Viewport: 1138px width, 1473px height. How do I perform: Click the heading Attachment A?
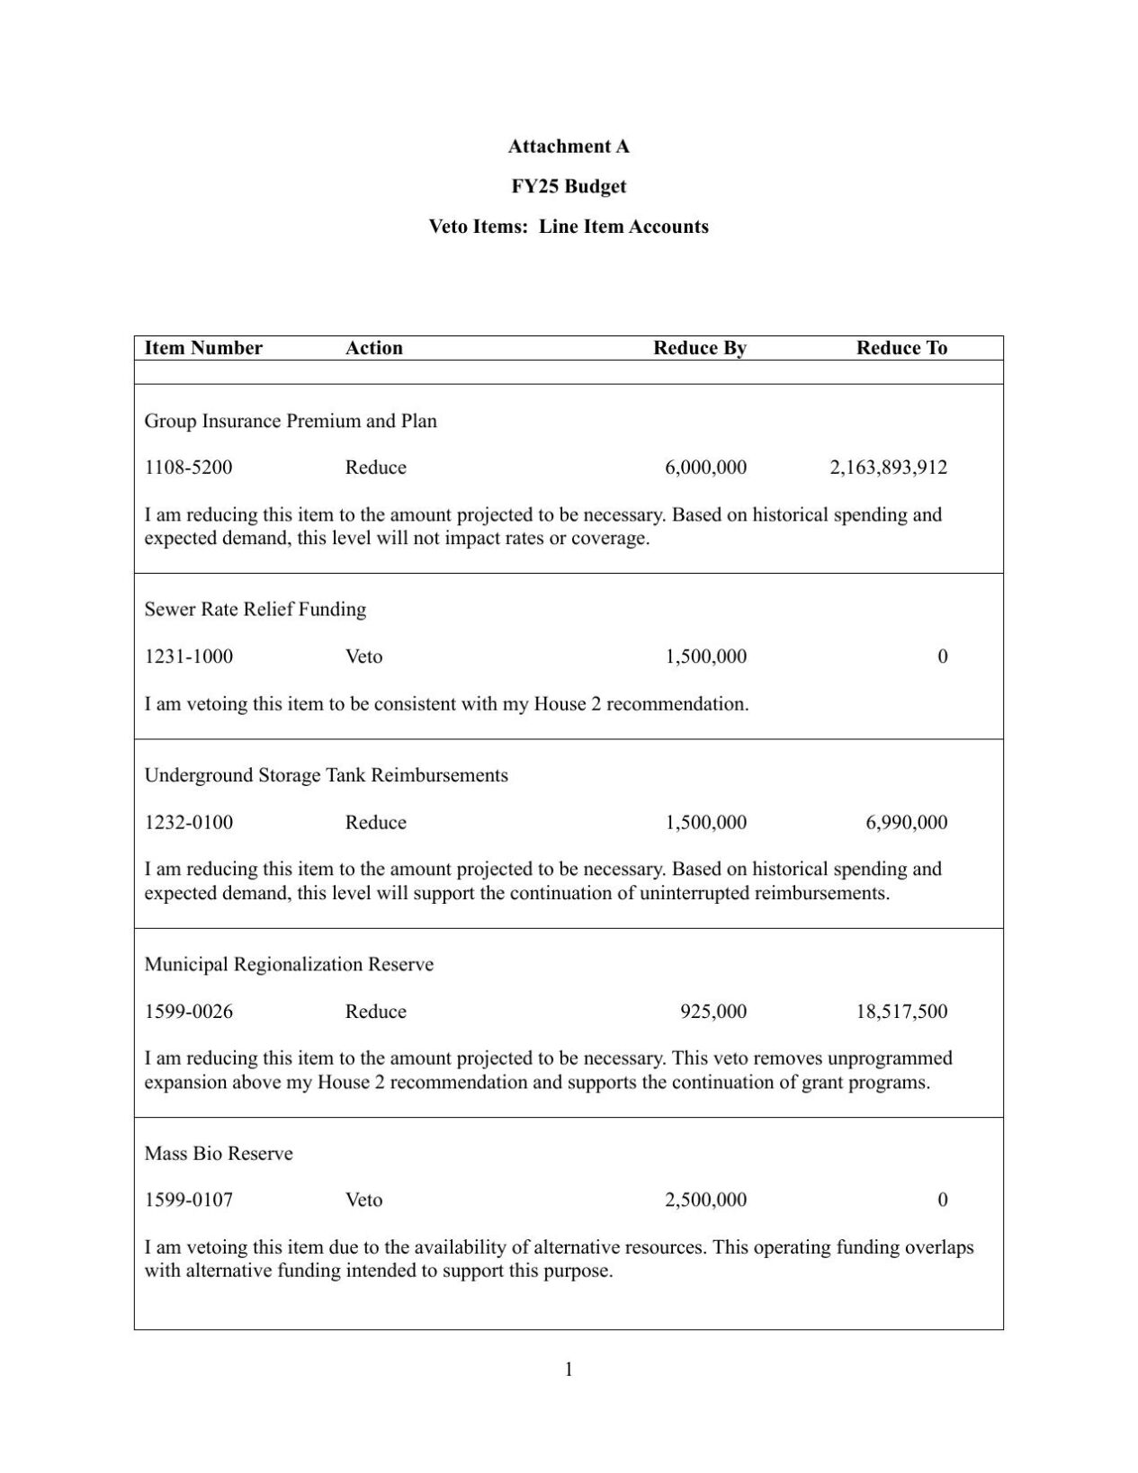[569, 146]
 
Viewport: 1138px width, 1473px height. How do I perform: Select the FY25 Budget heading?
[569, 186]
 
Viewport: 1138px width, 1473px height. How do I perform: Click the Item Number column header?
[203, 348]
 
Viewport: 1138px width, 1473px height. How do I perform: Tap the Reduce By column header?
[699, 348]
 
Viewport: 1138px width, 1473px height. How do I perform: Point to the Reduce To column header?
[901, 348]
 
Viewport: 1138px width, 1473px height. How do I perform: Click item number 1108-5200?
[188, 468]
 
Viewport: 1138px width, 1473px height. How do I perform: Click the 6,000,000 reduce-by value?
[705, 468]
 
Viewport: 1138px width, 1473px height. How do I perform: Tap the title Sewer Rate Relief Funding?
[255, 610]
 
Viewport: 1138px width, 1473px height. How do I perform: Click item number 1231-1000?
[188, 656]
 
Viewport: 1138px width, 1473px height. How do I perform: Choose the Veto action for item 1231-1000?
[363, 656]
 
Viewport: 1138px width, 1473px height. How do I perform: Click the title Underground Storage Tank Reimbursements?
[326, 775]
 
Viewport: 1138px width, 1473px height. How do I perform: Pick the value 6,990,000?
[906, 822]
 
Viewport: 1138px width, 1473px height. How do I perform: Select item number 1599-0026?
[188, 1012]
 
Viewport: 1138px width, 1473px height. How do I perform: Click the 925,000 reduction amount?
[712, 1012]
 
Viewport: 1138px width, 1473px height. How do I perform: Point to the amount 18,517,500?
[901, 1012]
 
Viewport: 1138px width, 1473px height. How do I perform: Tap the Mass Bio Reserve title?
[219, 1154]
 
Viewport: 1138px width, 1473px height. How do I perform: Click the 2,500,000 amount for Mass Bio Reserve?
[705, 1200]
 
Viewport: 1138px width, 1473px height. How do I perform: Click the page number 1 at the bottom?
[569, 1370]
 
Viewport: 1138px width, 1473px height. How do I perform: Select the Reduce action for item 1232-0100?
[375, 822]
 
